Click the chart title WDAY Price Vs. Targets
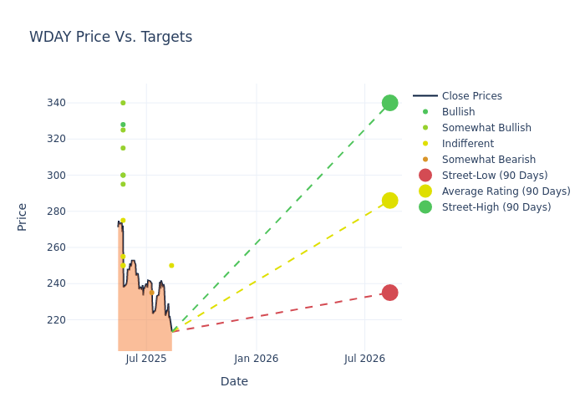tap(110, 37)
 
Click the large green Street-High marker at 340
tap(389, 103)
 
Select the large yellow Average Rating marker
tap(389, 201)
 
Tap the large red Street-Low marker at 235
tap(389, 293)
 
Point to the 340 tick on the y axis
tap(80, 103)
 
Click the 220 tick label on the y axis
tap(80, 319)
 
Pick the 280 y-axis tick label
tap(80, 212)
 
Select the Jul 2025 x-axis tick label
tap(146, 359)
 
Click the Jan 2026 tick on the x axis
tap(256, 359)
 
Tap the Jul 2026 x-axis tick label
tap(364, 359)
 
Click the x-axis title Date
tap(234, 381)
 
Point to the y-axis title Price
tap(23, 217)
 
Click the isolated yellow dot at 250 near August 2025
tap(171, 266)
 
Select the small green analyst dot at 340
tap(123, 103)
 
